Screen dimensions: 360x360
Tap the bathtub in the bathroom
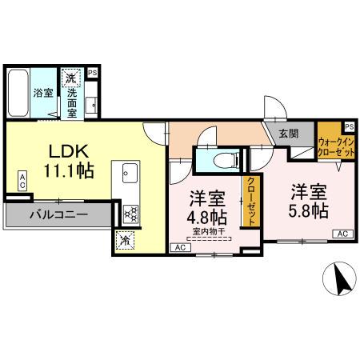click(x=18, y=94)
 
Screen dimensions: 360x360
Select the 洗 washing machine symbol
click(x=71, y=78)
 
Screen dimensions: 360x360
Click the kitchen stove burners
click(x=130, y=213)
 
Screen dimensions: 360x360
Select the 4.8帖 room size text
click(x=207, y=218)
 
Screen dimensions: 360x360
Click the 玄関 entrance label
click(x=287, y=134)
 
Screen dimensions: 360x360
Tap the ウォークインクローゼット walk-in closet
click(x=335, y=146)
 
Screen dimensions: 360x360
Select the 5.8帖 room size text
click(x=308, y=210)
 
